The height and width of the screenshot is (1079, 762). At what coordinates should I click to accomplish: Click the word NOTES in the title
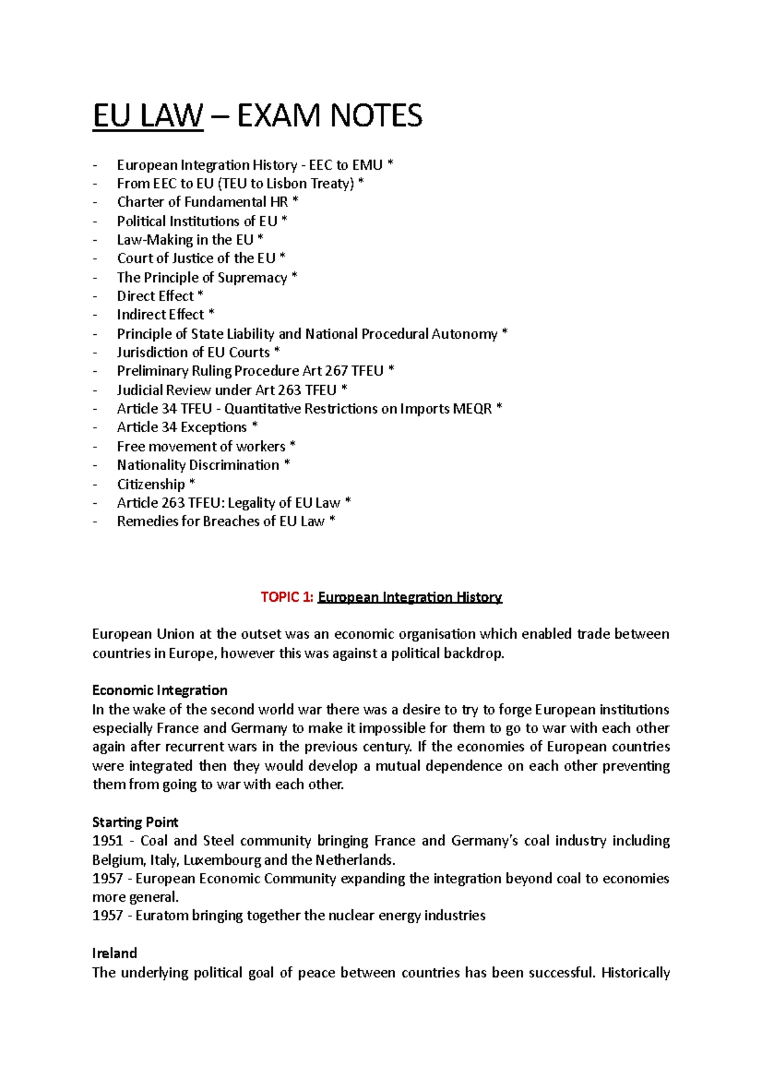pyautogui.click(x=376, y=116)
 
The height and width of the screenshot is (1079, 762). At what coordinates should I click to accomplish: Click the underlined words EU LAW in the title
pyautogui.click(x=148, y=116)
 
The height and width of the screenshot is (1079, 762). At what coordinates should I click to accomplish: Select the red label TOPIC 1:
pyautogui.click(x=287, y=597)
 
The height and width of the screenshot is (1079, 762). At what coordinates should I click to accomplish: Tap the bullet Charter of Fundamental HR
pyautogui.click(x=202, y=202)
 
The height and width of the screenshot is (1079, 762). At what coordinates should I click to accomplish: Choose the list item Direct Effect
pyautogui.click(x=156, y=296)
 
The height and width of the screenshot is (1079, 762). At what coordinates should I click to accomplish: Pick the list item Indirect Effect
pyautogui.click(x=161, y=315)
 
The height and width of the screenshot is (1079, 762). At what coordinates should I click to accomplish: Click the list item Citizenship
pyautogui.click(x=151, y=484)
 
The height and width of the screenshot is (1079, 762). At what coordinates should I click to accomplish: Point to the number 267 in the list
pyautogui.click(x=336, y=371)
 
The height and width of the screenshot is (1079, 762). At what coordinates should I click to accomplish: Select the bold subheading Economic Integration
pyautogui.click(x=159, y=691)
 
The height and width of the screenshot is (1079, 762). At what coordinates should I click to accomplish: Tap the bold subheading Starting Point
pyautogui.click(x=135, y=822)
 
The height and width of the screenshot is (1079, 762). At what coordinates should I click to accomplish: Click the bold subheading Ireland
pyautogui.click(x=114, y=953)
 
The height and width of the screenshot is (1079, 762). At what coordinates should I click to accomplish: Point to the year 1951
pyautogui.click(x=107, y=841)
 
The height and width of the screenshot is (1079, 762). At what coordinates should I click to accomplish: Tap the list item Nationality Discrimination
pyautogui.click(x=198, y=465)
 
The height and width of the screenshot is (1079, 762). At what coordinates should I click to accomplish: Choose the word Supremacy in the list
pyautogui.click(x=252, y=278)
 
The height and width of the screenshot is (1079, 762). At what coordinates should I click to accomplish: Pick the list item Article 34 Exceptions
pyautogui.click(x=182, y=428)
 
